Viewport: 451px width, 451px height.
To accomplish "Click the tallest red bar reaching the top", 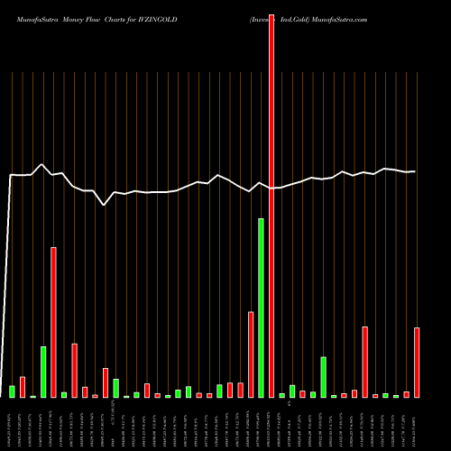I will point(272,198).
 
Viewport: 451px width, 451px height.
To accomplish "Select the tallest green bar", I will point(261,308).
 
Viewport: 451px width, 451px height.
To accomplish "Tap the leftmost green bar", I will point(13,391).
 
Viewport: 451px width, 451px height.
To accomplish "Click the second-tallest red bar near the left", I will point(53,322).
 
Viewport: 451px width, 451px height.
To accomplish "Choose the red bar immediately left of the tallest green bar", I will point(251,354).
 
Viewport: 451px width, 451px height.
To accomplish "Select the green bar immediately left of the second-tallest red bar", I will point(43,372).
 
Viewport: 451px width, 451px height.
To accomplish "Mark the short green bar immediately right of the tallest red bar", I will point(281,395).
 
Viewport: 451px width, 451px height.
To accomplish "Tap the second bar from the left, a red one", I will point(23,387).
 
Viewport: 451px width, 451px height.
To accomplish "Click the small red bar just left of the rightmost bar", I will point(406,394).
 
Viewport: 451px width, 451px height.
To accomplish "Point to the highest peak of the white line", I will point(42,164).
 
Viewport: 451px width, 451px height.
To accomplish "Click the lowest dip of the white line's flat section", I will point(105,205).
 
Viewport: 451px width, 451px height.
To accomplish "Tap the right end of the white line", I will point(415,171).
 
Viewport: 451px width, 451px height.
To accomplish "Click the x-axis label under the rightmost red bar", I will point(417,424).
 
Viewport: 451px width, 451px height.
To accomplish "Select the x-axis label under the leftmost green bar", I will point(13,424).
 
